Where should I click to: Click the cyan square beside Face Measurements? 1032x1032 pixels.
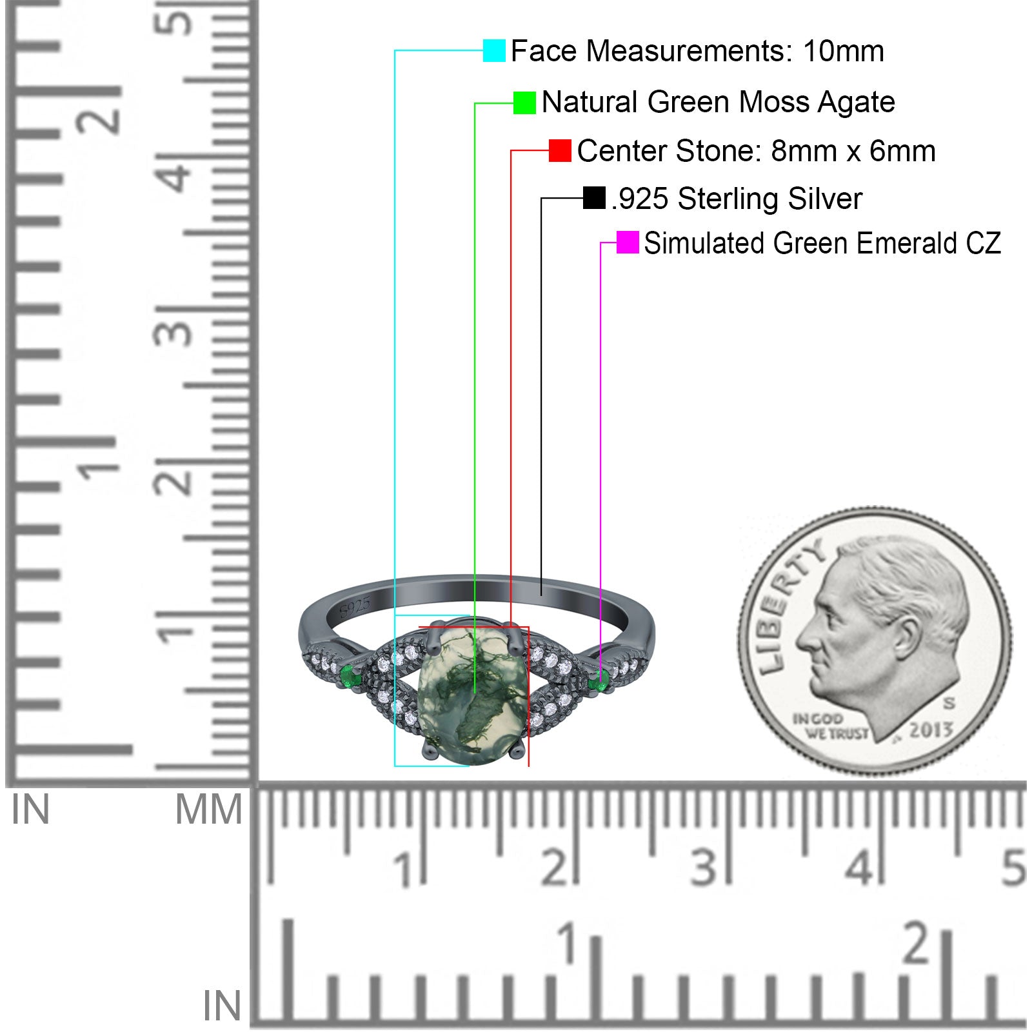pos(494,50)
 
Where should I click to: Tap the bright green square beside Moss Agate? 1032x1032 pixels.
pos(524,103)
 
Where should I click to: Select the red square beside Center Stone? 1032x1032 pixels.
pos(560,150)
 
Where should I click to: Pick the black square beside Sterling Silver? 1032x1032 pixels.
pos(594,198)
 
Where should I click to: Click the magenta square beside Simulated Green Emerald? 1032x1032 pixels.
pos(628,243)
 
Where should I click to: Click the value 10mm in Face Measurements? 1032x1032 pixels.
pos(843,51)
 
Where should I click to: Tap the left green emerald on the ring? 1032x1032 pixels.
pos(350,677)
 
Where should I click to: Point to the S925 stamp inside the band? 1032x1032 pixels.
pos(354,607)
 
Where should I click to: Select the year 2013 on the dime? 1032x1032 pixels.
pos(931,729)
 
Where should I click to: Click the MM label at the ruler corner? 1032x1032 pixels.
pos(208,810)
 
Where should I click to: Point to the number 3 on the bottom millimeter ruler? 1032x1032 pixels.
pos(704,868)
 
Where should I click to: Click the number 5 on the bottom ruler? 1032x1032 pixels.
pos(1013,868)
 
